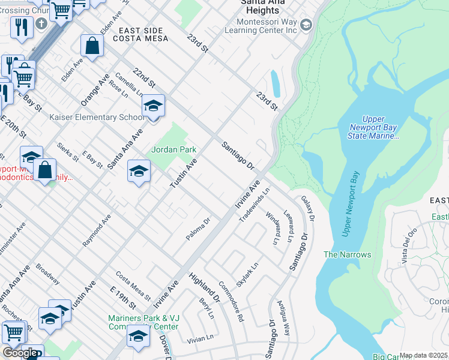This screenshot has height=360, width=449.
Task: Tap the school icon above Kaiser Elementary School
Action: coord(153,107)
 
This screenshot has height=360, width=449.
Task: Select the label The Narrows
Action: coord(347,254)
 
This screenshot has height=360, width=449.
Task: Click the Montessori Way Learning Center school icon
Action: coord(306,25)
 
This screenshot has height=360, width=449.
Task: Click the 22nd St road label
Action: coord(145,76)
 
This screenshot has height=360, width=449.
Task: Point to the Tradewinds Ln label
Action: coord(255,205)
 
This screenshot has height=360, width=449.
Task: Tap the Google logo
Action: coord(20,353)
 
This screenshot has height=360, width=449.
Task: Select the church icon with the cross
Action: coord(41,23)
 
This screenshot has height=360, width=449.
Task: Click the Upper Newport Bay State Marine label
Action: coord(373,128)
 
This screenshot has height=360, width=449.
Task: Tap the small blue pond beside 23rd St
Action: coord(276,83)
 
